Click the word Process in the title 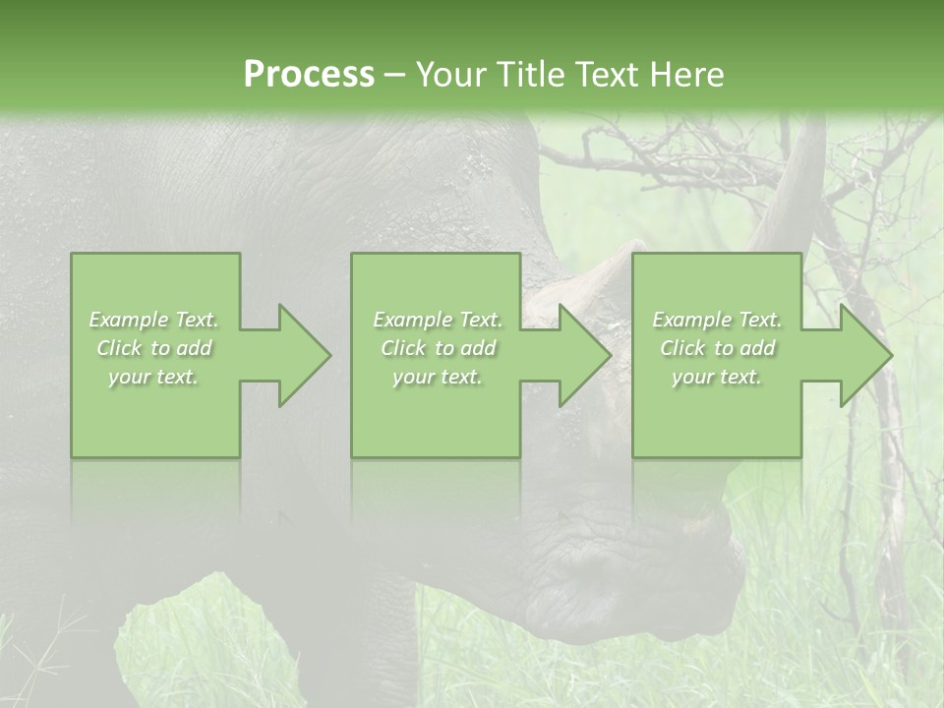(309, 75)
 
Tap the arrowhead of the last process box (863, 355)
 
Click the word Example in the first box (129, 320)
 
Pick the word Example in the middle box (412, 320)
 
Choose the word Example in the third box (691, 320)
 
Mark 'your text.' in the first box (153, 377)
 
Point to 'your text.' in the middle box (437, 377)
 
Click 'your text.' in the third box (716, 377)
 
